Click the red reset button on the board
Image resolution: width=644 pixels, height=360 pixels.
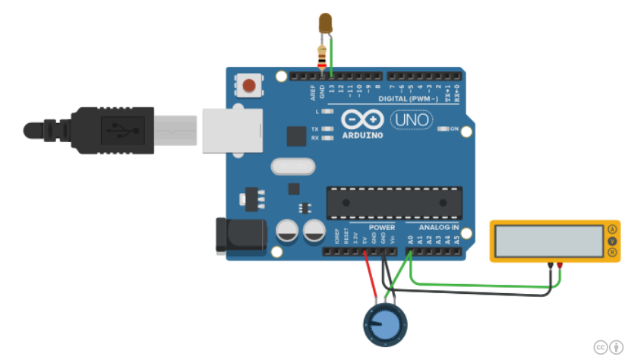[x=248, y=85]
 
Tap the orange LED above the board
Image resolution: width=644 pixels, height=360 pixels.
[x=327, y=24]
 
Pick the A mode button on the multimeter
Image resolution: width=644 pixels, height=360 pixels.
[x=611, y=229]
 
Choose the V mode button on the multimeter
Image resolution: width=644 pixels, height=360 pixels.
[x=611, y=241]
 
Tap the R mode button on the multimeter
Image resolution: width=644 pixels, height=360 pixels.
[x=611, y=251]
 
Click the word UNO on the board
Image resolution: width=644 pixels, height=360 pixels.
[x=411, y=120]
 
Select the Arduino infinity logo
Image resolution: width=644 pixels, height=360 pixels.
[x=361, y=120]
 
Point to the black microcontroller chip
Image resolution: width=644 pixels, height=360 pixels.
[x=394, y=203]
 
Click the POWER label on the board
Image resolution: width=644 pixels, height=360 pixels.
[x=381, y=227]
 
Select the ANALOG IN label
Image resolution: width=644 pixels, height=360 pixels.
[x=440, y=227]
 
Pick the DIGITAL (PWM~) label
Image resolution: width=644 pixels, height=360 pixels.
[x=413, y=100]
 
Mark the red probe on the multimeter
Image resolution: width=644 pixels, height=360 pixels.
[x=560, y=265]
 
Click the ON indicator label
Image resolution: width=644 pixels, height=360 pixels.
[x=455, y=129]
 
